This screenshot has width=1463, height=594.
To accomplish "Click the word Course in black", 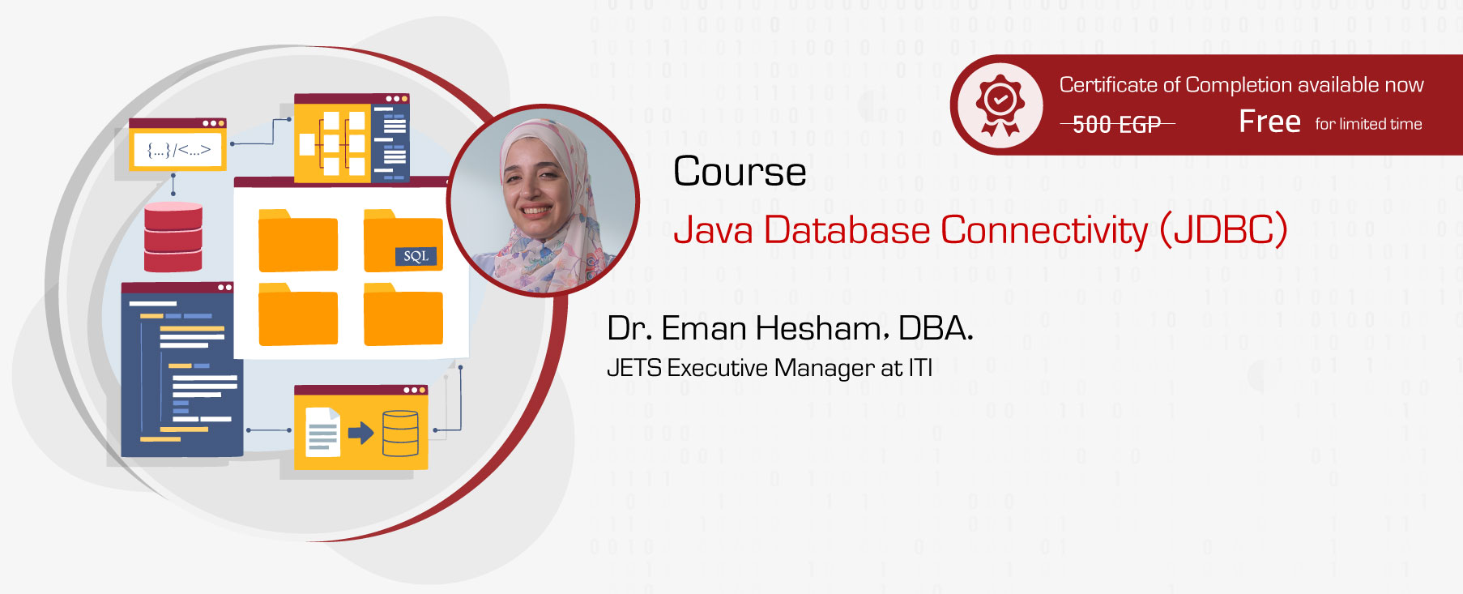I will click(739, 172).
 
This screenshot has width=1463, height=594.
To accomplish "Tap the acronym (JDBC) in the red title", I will click(1222, 230).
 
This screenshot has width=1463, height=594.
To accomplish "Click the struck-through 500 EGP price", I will click(1116, 124).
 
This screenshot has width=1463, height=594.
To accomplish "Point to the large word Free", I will click(1269, 122).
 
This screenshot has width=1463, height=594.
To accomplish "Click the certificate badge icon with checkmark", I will click(1000, 105).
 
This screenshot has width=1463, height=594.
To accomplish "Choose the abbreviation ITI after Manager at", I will click(920, 368).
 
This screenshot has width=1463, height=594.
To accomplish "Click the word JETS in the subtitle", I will click(633, 368).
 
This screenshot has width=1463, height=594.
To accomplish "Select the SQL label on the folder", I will click(416, 256).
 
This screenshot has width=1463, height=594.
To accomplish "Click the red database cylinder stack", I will click(173, 237).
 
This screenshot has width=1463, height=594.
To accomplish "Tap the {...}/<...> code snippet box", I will click(178, 149).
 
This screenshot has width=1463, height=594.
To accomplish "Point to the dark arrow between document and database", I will click(360, 433).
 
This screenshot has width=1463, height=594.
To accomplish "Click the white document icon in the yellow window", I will click(322, 432).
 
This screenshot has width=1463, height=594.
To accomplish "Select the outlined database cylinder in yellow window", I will click(400, 433).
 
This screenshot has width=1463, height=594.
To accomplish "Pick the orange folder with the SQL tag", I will click(403, 241).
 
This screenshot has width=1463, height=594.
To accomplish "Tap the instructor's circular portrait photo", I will click(543, 200).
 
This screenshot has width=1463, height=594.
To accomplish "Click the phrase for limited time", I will click(1368, 124).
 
